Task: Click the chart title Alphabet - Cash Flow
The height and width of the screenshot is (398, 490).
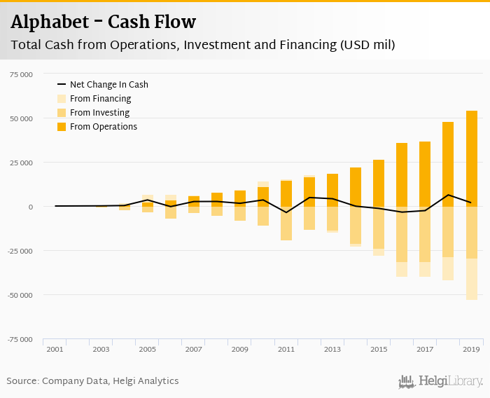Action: coord(103,22)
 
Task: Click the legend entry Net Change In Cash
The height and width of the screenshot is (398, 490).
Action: coord(108,85)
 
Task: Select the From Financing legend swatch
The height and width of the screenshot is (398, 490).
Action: coord(62,99)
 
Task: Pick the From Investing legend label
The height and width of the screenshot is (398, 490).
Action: coord(99,113)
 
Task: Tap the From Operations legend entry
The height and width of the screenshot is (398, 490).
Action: coord(103,127)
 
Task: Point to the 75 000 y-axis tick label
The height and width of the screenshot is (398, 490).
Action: coord(21,74)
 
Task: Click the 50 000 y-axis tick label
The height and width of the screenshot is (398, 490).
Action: coord(21,118)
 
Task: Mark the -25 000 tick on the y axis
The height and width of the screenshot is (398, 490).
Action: coord(20,251)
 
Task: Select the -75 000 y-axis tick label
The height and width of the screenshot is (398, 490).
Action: coord(20,339)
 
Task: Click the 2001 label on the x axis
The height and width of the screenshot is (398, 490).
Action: coord(55,349)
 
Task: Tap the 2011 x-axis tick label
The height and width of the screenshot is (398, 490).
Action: coord(286,349)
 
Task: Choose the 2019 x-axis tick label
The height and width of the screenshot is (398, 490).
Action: coord(471,349)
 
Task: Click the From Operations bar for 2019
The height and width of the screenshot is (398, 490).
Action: coord(471,158)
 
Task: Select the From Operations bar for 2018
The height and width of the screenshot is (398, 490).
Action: coord(448,164)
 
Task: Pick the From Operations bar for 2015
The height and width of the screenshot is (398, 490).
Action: coord(379,183)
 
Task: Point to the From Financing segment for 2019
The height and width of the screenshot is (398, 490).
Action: coord(471,280)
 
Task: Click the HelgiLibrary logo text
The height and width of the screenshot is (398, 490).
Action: coord(450,382)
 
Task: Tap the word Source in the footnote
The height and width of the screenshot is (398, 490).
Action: coord(22,381)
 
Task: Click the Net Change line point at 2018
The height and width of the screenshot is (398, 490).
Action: coord(448,195)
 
